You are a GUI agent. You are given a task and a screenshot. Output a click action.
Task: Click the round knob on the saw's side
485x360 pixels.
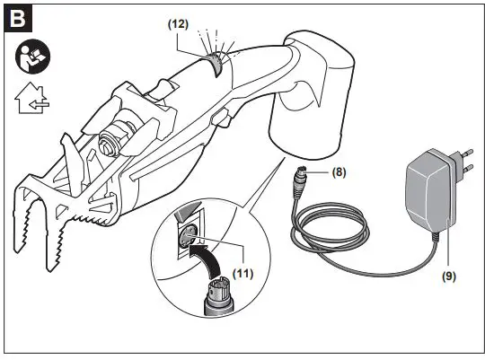113,143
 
